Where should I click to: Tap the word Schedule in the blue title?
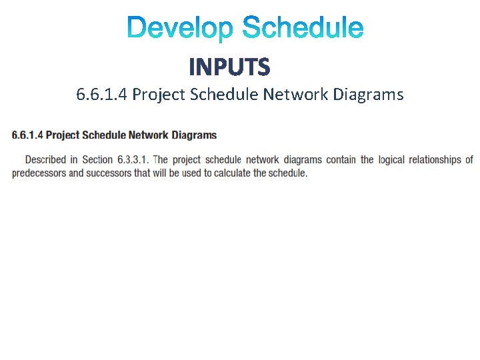click(303, 29)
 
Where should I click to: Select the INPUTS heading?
click(229, 67)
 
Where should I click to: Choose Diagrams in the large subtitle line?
click(368, 95)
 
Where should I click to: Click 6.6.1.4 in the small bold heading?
click(27, 135)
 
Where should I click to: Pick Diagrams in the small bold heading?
click(194, 135)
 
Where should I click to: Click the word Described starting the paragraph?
click(45, 160)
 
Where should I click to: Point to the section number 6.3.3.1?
click(133, 160)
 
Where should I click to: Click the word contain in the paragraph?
click(340, 160)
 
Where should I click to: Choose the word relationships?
click(435, 160)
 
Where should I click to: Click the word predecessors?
click(39, 173)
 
